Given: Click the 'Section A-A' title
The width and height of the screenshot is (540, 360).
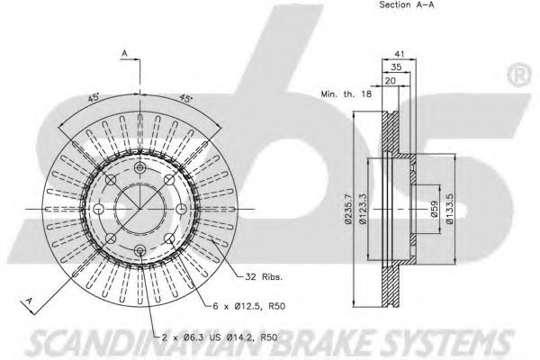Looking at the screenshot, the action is (407, 4).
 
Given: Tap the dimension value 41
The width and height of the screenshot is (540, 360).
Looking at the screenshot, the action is (399, 54).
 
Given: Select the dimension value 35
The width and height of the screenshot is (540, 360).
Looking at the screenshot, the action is (396, 67).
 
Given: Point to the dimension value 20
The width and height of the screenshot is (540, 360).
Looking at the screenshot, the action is (391, 81).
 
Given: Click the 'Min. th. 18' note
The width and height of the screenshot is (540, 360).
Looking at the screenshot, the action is (346, 94).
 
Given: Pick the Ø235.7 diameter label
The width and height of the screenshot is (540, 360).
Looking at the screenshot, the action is (349, 209).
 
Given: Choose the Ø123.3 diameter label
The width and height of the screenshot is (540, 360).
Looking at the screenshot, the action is (363, 209).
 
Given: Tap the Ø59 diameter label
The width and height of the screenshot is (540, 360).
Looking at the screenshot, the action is (435, 209).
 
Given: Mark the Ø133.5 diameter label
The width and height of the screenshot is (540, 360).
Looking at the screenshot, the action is (450, 209).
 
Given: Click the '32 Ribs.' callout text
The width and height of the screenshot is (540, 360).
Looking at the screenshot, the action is (264, 276).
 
